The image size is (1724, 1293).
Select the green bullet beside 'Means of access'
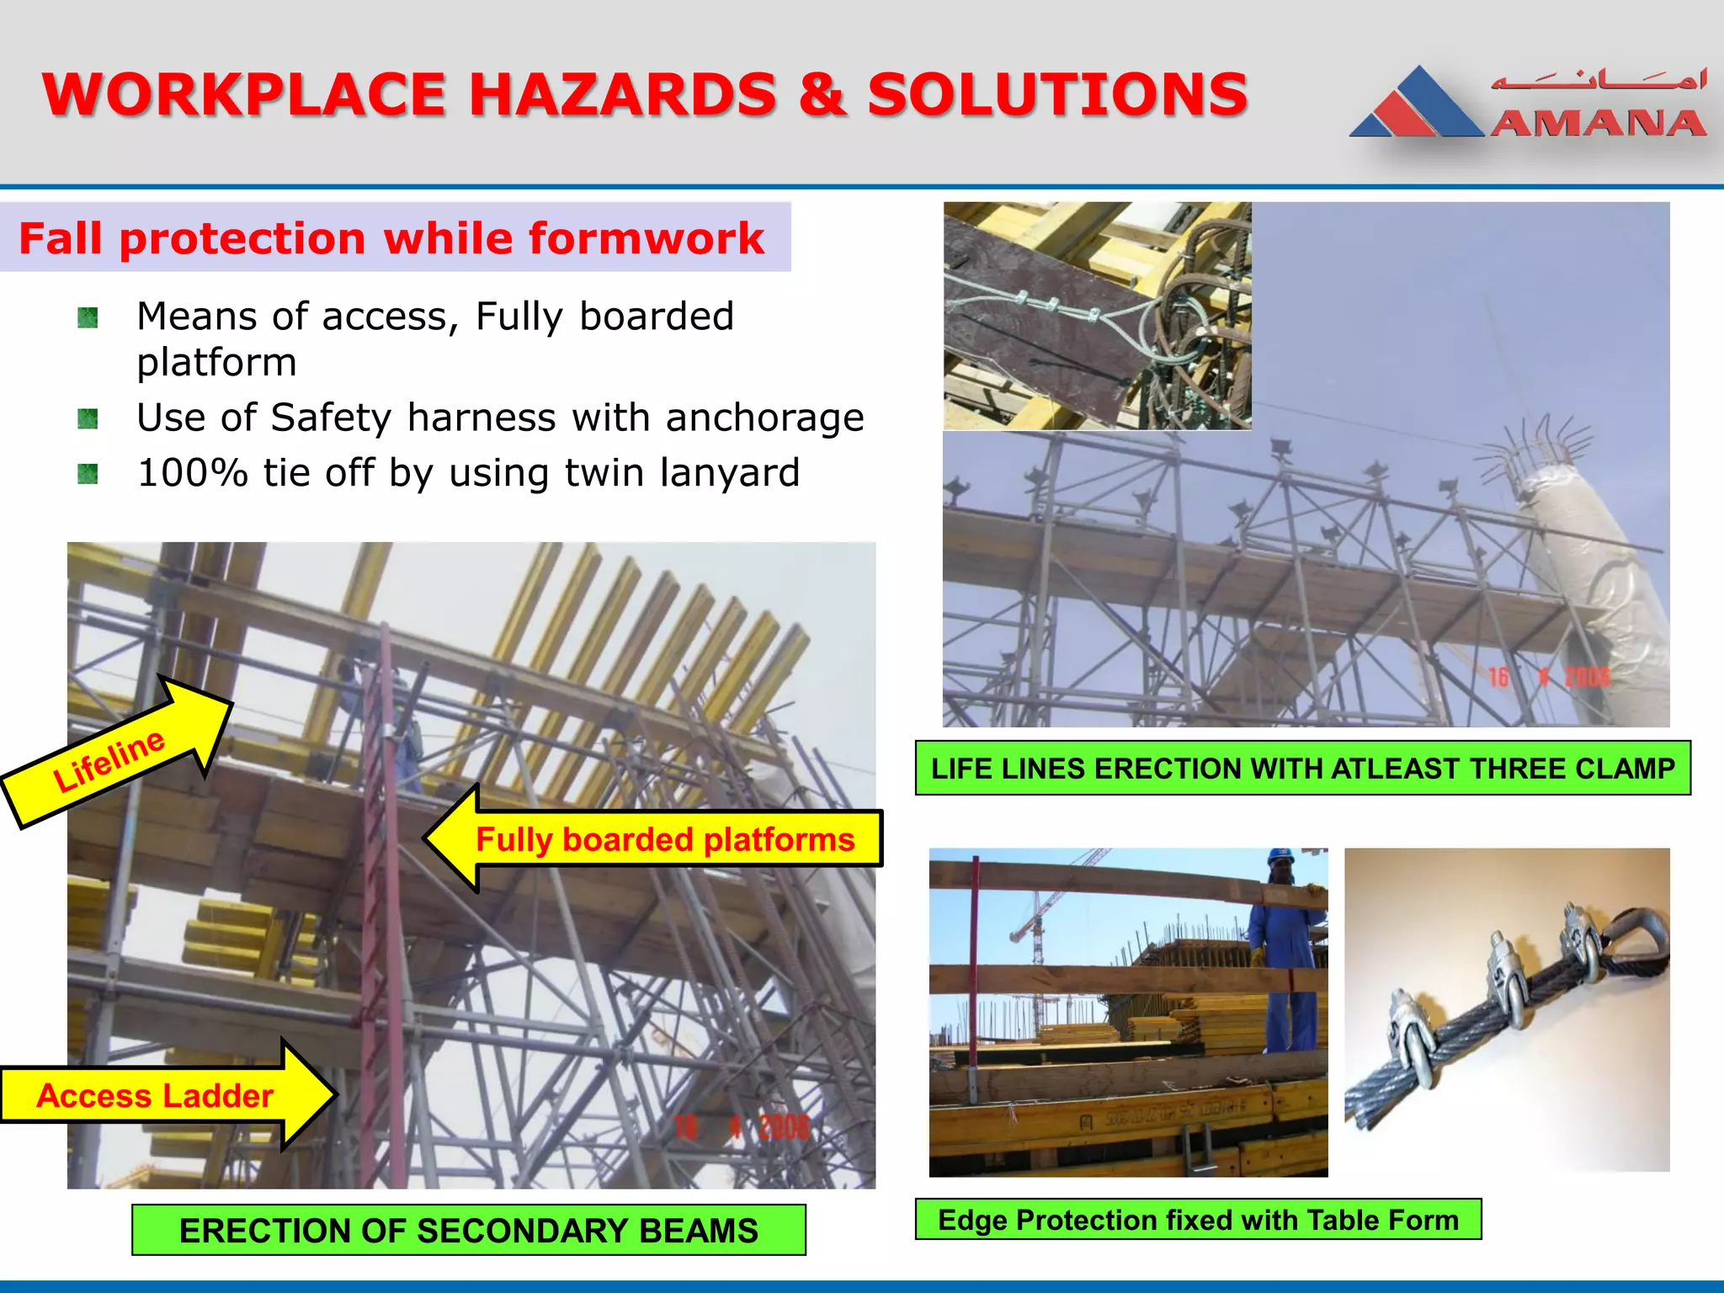[x=88, y=318]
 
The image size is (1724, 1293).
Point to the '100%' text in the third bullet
[x=192, y=472]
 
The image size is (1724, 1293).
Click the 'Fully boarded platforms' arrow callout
[x=657, y=839]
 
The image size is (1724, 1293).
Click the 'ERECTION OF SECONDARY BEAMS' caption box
[x=468, y=1230]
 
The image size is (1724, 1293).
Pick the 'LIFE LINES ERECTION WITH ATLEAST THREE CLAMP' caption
[x=1302, y=768]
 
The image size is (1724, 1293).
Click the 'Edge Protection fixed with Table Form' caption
[x=1197, y=1219]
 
